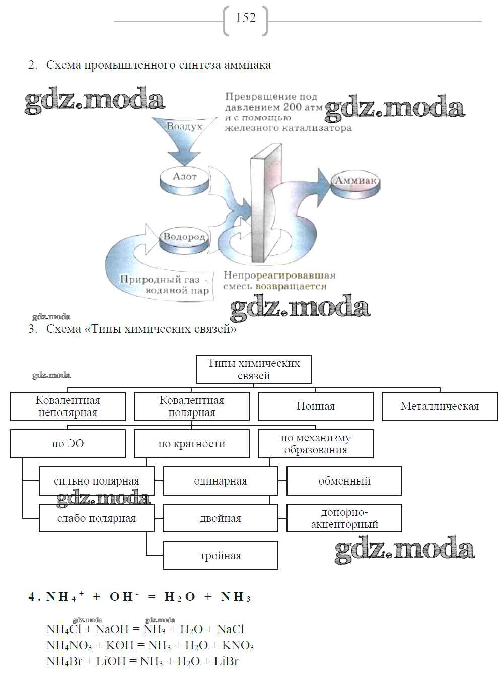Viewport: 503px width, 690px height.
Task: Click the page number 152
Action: coord(246,18)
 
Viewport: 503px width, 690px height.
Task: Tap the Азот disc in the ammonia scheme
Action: coord(184,178)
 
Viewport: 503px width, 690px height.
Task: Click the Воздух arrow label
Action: coord(185,127)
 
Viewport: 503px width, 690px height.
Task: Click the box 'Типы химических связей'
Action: coord(254,369)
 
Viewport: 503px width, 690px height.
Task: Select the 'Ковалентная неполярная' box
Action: coord(68,406)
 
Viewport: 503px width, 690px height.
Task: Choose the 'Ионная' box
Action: coord(316,406)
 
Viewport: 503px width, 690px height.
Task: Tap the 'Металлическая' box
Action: coord(440,406)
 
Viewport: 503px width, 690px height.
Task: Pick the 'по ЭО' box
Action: coord(68,444)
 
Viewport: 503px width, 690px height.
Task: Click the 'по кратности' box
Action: coord(192,444)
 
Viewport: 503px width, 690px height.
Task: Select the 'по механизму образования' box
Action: coord(316,444)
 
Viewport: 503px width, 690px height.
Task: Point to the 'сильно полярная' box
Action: coord(97,481)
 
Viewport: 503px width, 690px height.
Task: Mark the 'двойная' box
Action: coord(221,518)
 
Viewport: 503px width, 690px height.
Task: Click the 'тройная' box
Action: coord(221,556)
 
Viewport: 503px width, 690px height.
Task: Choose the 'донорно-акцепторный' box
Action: coord(344,518)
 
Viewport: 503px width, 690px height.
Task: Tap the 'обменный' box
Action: coord(344,481)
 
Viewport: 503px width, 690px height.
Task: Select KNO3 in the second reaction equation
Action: coord(238,646)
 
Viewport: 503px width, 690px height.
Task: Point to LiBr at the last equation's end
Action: coord(226,661)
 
